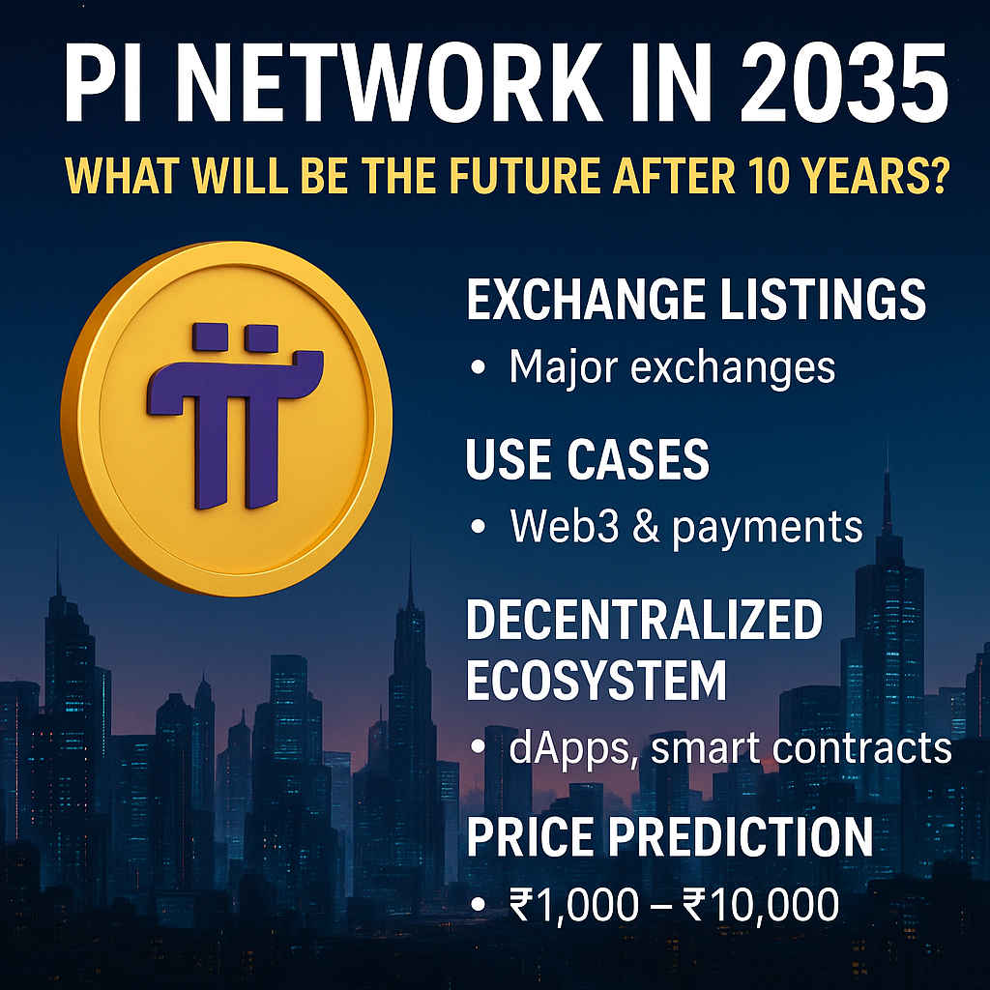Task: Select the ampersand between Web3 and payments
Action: click(645, 525)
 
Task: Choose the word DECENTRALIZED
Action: click(644, 620)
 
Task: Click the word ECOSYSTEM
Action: click(596, 680)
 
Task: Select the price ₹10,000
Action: click(760, 905)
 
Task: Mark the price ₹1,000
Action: click(574, 905)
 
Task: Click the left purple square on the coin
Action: click(210, 337)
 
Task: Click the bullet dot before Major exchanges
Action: click(478, 367)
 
